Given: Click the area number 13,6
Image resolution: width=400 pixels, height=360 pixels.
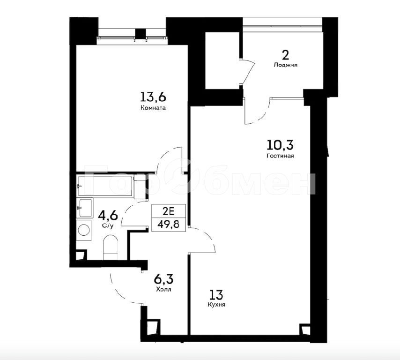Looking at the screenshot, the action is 153,97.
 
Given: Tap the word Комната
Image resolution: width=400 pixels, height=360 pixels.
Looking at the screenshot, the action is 153,108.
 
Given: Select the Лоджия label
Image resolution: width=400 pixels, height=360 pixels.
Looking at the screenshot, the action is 285,65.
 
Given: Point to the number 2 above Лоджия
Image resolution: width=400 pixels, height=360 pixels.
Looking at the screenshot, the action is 285,55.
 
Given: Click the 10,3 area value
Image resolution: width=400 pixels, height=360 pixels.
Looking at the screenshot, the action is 280,145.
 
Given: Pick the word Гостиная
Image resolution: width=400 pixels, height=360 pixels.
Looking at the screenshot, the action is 280,156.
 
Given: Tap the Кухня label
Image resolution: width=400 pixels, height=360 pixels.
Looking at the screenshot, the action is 216,305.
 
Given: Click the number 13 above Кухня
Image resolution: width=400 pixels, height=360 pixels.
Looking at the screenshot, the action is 216,295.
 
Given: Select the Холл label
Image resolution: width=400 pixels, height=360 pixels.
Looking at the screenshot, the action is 163,290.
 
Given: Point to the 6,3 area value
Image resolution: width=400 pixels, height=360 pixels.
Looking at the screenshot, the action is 163,279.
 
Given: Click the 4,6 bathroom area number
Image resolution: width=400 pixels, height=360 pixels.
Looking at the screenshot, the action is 108,216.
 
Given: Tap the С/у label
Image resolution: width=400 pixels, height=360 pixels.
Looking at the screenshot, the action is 108,226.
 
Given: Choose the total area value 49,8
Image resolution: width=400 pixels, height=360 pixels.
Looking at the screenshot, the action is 168,225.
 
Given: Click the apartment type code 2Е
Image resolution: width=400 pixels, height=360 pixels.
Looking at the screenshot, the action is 168,211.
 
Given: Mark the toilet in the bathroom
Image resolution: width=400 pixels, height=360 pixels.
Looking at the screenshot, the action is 110,247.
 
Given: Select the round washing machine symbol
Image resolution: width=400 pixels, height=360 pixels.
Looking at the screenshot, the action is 84,230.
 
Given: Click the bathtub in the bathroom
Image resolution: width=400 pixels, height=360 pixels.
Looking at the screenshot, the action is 105,186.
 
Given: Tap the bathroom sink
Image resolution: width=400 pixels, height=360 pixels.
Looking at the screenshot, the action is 85,208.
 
